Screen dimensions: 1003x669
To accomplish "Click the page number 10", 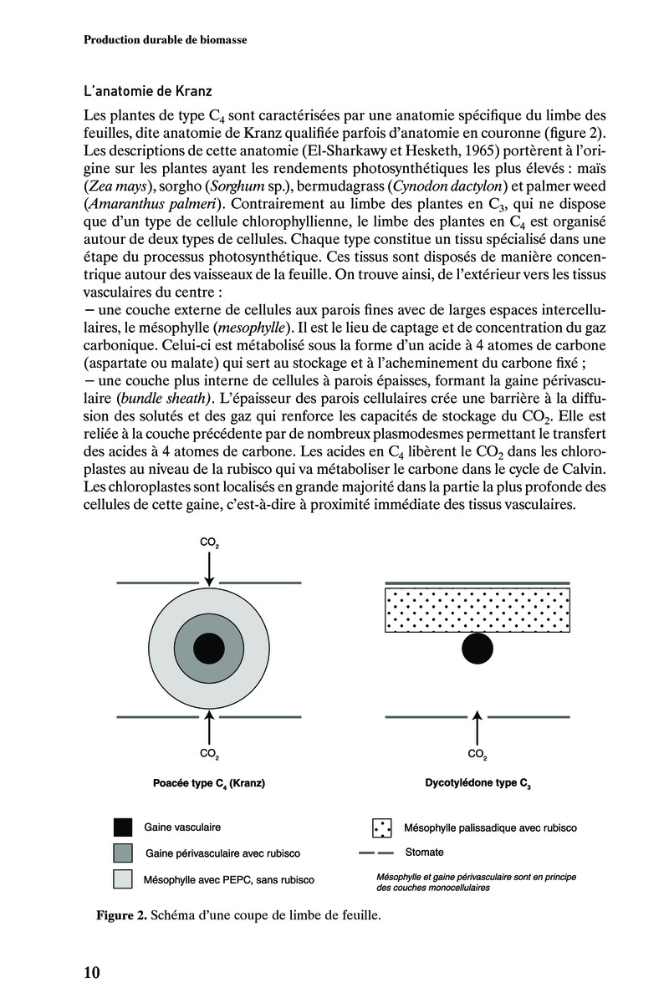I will (92, 972).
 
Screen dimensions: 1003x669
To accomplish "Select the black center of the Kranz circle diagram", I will (209, 649).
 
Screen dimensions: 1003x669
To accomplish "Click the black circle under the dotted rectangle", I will (477, 649).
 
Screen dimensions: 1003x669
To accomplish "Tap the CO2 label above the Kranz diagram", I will (210, 543).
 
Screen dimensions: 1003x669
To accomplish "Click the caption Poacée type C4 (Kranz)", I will (210, 784).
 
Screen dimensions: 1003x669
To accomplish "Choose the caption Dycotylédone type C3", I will (477, 784).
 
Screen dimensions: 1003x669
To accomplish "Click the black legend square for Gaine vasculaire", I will (123, 827).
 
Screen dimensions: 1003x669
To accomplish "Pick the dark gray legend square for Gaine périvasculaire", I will (123, 853).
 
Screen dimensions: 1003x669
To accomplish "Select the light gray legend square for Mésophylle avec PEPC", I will (123, 879).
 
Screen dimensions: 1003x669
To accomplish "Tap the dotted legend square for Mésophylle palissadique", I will (382, 827).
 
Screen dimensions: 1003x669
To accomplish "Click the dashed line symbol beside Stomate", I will (377, 853).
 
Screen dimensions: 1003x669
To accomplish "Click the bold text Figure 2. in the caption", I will (122, 915).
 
